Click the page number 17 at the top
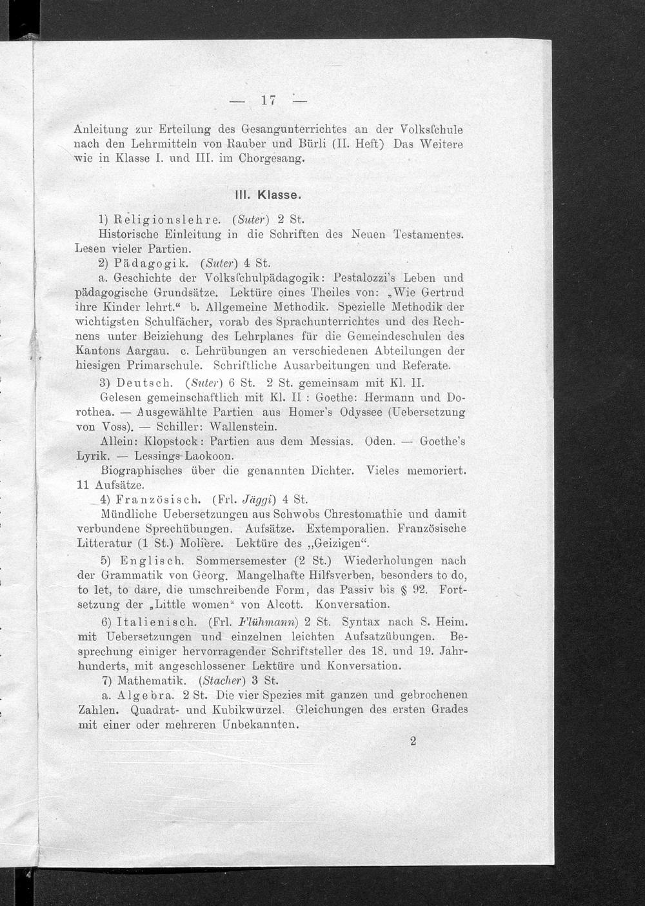[269, 100]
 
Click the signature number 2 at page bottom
[413, 741]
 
